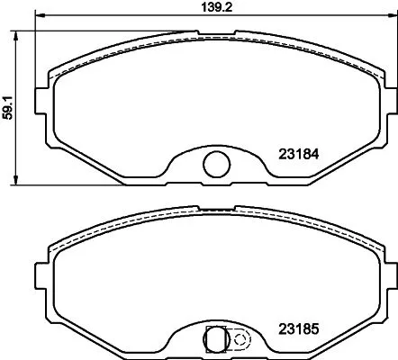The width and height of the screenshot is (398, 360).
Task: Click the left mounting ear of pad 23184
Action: (39, 95)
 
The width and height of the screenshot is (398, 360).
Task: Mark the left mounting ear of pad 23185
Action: (39, 272)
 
